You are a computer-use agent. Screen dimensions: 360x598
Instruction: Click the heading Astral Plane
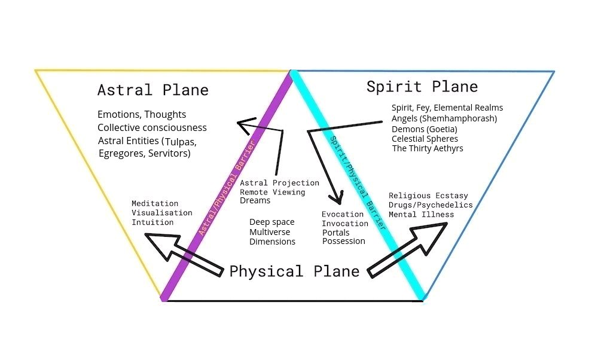pos(153,90)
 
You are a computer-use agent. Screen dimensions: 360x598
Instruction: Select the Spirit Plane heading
pos(422,87)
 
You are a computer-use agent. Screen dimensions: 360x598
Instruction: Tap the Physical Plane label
pos(294,271)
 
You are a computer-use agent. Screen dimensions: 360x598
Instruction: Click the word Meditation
pos(155,203)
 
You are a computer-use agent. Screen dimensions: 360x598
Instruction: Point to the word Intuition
pos(152,222)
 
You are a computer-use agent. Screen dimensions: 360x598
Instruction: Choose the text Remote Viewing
pos(273,192)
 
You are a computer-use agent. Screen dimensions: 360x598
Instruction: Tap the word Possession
pos(343,241)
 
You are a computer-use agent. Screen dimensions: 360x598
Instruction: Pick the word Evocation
pos(342,214)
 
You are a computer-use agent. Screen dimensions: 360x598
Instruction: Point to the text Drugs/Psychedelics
pos(431,205)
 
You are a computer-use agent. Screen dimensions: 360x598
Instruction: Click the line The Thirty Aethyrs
pos(428,148)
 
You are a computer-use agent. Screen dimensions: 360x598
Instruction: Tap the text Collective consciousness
pos(152,127)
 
